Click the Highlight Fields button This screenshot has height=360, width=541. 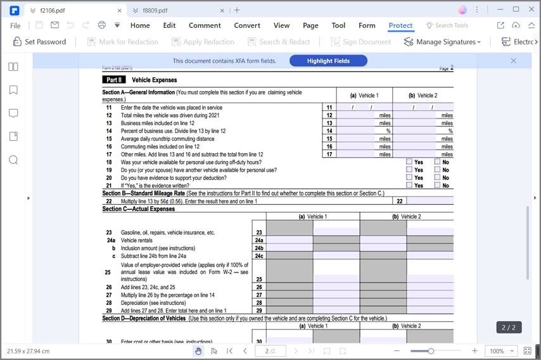click(328, 60)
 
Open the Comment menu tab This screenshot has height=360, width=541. click(205, 25)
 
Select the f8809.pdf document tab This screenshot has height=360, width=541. click(155, 10)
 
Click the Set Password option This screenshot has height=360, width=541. click(39, 42)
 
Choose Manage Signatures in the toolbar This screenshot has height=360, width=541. click(442, 42)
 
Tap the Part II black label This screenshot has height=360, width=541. click(114, 80)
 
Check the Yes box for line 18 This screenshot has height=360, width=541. click(409, 162)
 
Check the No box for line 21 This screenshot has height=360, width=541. click(437, 186)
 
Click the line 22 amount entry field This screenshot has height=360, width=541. click(430, 201)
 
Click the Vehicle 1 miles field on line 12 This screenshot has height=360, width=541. click(357, 115)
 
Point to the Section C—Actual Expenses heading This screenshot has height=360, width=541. click(139, 209)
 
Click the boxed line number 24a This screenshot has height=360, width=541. click(258, 241)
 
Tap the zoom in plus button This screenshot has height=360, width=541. click(474, 350)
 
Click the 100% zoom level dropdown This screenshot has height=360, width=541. click(502, 350)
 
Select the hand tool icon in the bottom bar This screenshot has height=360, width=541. click(198, 350)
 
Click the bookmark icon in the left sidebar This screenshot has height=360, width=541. click(13, 90)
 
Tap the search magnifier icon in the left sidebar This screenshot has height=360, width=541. click(13, 160)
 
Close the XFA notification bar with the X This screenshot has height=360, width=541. click(513, 60)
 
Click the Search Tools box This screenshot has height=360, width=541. click(447, 25)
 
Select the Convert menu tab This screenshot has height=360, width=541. click(247, 25)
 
